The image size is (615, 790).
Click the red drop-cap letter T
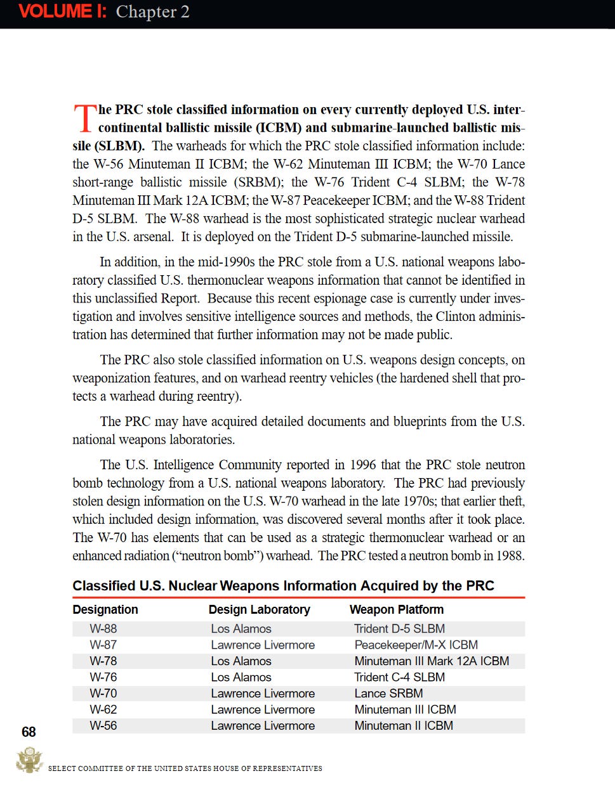pos(84,119)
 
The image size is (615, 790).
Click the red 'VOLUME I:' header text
pos(62,11)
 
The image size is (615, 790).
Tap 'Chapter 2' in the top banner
pos(152,12)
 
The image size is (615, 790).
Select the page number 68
pos(29,732)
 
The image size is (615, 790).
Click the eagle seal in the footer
pos(29,760)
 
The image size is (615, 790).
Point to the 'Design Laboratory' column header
pos(259,609)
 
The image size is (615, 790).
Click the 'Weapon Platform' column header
pos(396,609)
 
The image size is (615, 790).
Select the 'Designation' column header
pos(105,609)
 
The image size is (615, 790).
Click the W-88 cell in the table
pos(103,629)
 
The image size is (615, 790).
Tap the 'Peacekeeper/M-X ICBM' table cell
pos(416,645)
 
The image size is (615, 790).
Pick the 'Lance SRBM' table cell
pos(388,694)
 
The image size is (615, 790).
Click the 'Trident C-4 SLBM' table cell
pos(399,677)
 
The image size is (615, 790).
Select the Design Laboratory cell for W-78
pos(241,661)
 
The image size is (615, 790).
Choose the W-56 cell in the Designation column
pos(103,726)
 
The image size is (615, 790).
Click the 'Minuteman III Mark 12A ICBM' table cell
pos(432,661)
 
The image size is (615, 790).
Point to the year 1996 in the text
pos(363,465)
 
